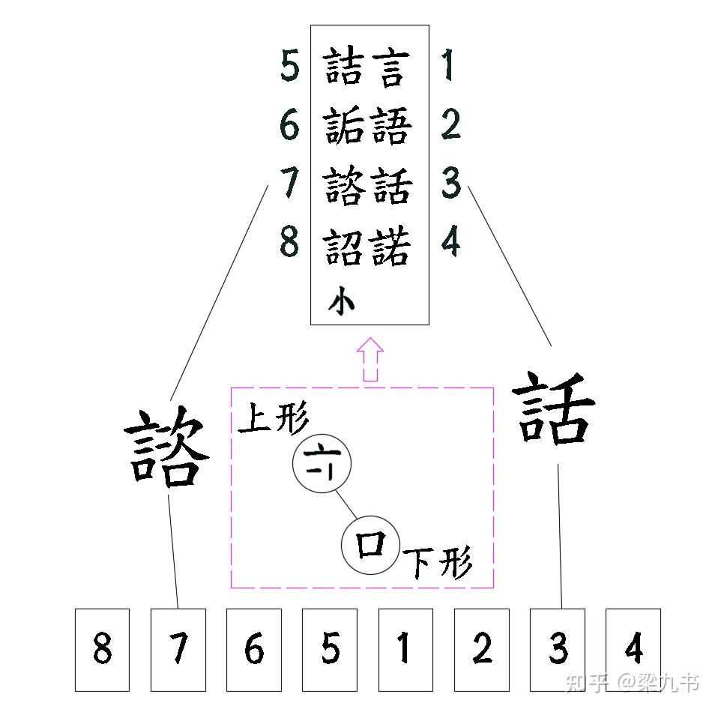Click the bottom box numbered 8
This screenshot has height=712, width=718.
102,649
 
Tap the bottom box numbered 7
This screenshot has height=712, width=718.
178,649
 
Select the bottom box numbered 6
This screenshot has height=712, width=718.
254,649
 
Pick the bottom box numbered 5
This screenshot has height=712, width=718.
330,649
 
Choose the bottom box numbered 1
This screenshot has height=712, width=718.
405,649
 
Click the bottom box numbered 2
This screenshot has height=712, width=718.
481,649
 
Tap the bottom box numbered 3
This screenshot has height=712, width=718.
558,649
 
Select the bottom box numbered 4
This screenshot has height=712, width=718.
633,649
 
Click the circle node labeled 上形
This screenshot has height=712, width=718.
322,465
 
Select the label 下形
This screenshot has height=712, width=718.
439,562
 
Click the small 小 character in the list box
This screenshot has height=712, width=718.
341,302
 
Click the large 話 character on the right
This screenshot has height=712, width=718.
555,409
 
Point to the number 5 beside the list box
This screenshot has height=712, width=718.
290,66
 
